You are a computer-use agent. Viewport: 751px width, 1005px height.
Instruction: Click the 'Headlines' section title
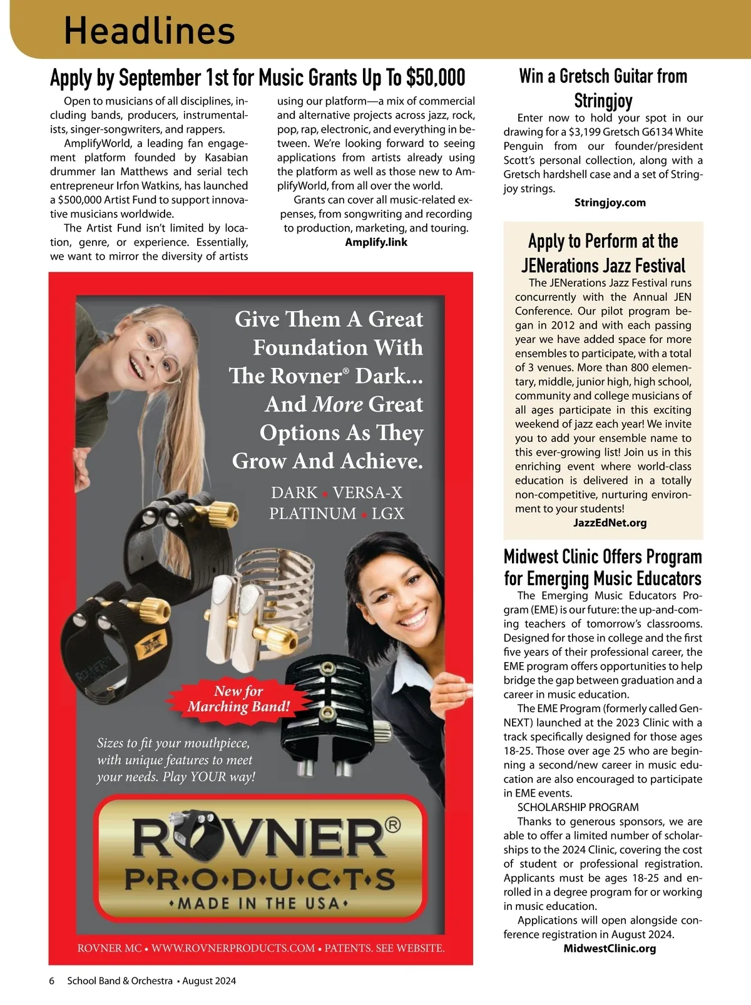point(150,30)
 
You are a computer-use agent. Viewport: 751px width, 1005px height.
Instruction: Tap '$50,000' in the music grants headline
point(436,78)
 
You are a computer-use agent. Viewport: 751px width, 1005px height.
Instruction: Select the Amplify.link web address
point(375,242)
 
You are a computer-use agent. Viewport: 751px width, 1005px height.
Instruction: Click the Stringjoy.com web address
point(610,203)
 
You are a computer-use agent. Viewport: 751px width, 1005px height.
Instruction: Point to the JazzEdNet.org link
point(610,523)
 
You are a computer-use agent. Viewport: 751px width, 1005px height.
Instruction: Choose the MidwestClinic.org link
point(610,948)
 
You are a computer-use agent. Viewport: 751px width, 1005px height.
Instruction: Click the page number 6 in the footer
point(52,981)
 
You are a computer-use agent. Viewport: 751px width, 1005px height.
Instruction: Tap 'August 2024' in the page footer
point(210,981)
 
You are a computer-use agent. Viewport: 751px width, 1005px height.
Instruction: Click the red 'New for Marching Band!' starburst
point(238,699)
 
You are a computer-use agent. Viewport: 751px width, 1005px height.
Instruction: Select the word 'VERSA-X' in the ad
point(367,492)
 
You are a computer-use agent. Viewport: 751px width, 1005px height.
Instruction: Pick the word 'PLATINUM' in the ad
point(312,514)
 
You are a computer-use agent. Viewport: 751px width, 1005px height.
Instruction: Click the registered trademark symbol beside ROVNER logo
point(393,825)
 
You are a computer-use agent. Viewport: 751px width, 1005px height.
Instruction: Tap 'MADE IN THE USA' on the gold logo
point(259,904)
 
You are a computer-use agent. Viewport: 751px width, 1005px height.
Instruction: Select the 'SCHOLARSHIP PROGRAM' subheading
point(578,807)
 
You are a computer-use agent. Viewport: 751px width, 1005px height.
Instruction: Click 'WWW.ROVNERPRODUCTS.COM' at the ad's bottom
point(233,948)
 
